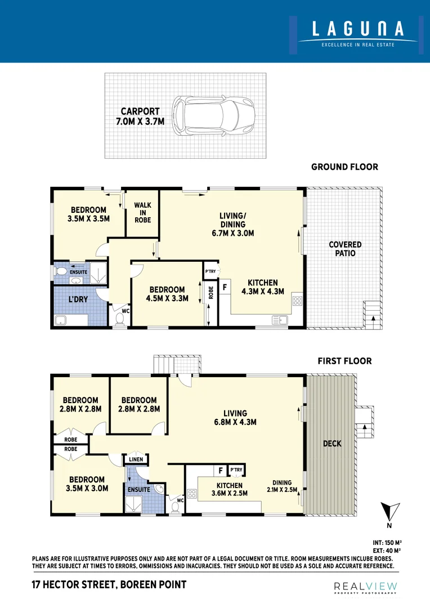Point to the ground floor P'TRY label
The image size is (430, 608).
tap(211, 271)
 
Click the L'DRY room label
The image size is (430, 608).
tap(78, 299)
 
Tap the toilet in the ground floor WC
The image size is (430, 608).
tap(119, 319)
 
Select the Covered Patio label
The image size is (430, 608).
tap(345, 249)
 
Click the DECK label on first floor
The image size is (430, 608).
tap(332, 444)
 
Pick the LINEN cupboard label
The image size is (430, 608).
tap(136, 459)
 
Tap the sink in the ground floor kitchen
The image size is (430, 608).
tap(279, 321)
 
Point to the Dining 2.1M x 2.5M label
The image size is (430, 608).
tap(282, 486)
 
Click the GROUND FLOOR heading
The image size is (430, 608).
tap(344, 167)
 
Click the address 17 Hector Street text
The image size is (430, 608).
tap(109, 585)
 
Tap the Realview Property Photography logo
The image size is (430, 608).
tap(365, 587)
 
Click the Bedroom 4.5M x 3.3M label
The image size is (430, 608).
tap(167, 294)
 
